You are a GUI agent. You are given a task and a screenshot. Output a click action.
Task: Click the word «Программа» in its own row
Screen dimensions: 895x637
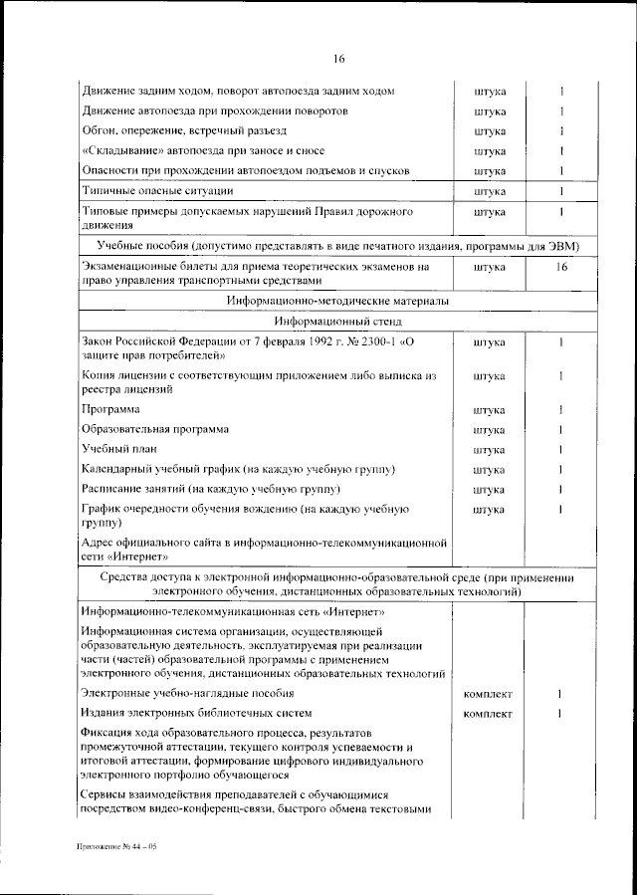click(x=110, y=409)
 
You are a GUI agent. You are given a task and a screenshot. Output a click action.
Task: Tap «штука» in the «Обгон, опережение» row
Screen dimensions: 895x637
click(x=490, y=130)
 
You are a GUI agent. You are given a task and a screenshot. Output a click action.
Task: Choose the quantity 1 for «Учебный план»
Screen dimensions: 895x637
click(x=561, y=449)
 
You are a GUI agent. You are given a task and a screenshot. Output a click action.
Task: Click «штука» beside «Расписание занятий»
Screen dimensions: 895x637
click(x=490, y=490)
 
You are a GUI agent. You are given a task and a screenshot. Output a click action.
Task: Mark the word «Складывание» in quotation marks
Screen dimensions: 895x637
click(x=124, y=150)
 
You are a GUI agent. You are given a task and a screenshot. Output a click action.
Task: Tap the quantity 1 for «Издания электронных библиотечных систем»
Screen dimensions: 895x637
click(x=561, y=714)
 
